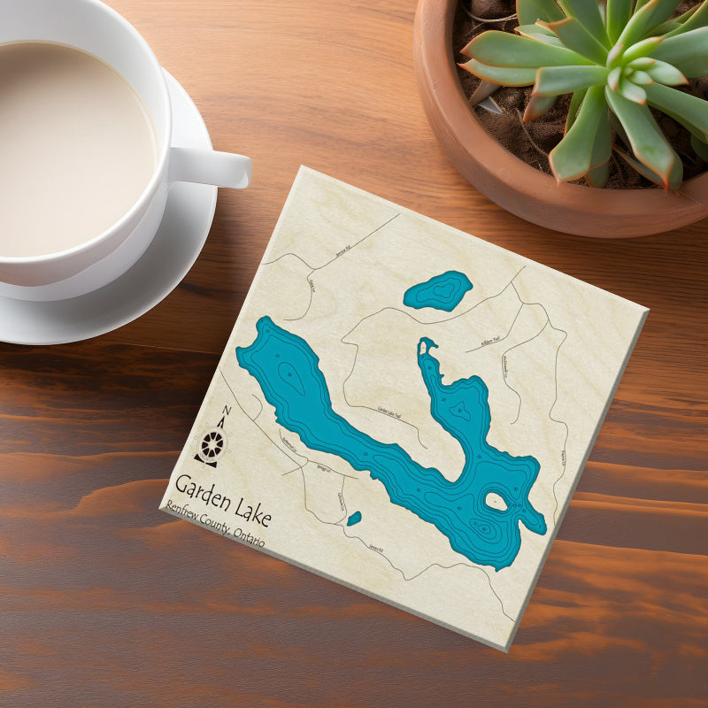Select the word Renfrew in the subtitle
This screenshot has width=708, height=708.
pyautogui.click(x=184, y=516)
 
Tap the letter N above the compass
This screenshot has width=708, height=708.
pyautogui.click(x=227, y=411)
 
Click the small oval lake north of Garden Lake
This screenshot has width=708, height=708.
pyautogui.click(x=438, y=290)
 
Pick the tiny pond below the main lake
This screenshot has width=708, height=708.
pyautogui.click(x=354, y=519)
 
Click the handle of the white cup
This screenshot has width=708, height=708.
pyautogui.click(x=212, y=166)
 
